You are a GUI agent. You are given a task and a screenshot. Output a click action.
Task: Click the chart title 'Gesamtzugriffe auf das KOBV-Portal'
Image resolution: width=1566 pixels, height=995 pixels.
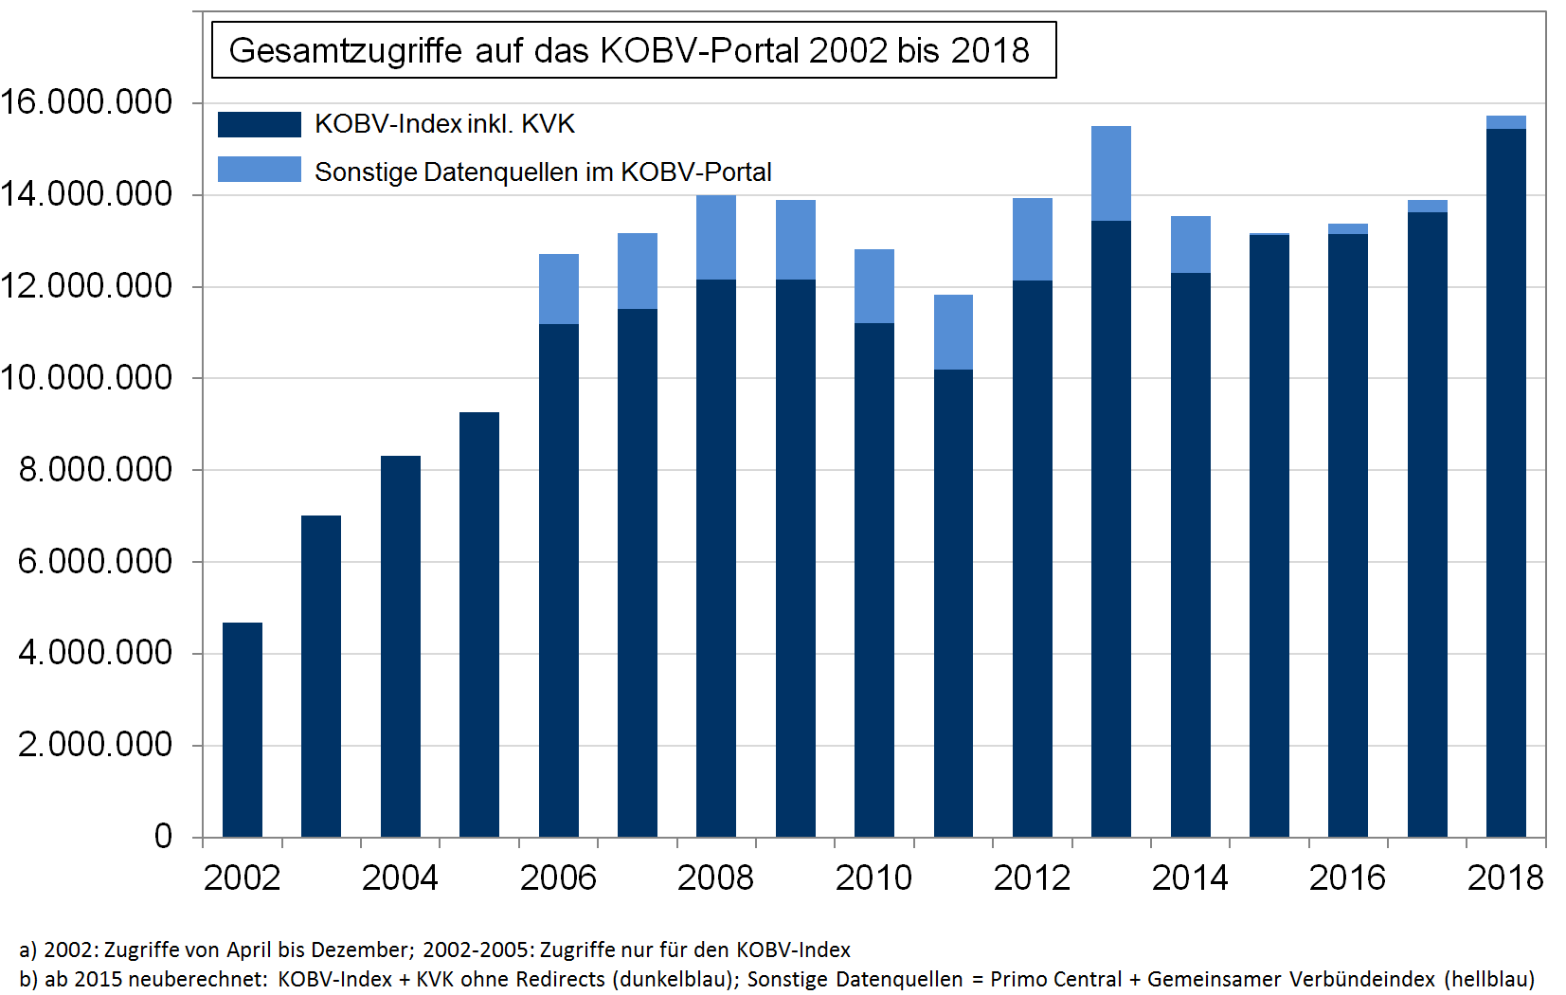(629, 50)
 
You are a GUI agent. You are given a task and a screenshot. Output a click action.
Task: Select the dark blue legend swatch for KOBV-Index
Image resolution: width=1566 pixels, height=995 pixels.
(259, 124)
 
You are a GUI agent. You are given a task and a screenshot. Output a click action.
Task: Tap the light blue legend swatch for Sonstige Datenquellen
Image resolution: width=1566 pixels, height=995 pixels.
(259, 170)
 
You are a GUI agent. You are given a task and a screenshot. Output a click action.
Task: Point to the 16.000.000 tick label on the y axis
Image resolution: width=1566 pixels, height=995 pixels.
(87, 102)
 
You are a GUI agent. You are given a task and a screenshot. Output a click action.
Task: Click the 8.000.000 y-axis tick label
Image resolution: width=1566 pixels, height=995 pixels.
(96, 469)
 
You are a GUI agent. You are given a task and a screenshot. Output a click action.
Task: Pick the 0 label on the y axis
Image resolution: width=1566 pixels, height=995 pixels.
(163, 836)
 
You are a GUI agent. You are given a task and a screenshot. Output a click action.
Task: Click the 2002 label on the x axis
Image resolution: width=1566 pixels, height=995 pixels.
(242, 877)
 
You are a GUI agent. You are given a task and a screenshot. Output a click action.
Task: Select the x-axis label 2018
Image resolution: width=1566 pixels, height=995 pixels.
(1504, 877)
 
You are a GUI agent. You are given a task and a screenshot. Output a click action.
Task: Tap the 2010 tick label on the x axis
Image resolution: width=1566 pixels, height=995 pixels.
(873, 877)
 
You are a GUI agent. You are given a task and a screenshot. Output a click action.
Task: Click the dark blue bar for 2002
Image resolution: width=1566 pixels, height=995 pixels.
(243, 730)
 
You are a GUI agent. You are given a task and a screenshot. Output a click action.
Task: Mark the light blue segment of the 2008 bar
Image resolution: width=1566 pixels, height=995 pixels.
(716, 237)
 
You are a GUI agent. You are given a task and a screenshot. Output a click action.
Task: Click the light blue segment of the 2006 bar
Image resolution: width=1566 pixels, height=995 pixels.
(559, 289)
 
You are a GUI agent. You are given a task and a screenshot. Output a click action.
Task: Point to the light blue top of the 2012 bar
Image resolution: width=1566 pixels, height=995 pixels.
(1033, 239)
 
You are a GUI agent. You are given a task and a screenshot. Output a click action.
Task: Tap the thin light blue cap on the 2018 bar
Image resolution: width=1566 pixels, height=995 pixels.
(1506, 122)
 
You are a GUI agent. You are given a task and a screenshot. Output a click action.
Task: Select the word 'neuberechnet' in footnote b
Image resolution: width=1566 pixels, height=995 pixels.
(204, 979)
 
